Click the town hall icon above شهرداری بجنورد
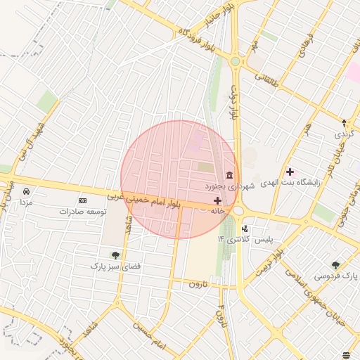click(x=229, y=176)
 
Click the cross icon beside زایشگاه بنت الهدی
click(x=290, y=172)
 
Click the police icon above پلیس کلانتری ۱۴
click(x=245, y=229)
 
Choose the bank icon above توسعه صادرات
click(x=83, y=201)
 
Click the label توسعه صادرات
click(x=83, y=211)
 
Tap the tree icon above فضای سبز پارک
click(x=115, y=255)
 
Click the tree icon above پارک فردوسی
click(x=335, y=265)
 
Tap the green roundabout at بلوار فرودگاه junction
click(x=235, y=62)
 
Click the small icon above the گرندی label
click(x=343, y=122)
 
